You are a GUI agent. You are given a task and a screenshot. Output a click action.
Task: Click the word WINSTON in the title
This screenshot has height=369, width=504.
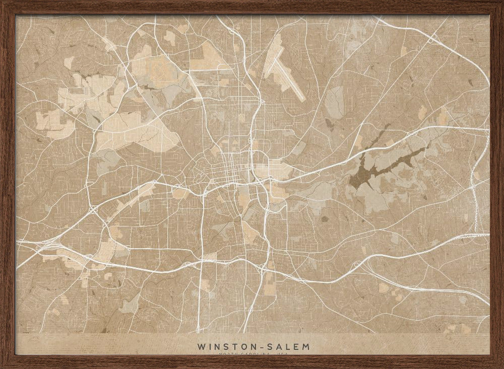click(224, 347)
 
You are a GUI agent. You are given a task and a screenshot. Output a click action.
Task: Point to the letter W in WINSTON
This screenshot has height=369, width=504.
click(202, 347)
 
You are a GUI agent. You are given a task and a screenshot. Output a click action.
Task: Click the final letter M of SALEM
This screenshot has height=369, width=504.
click(306, 347)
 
